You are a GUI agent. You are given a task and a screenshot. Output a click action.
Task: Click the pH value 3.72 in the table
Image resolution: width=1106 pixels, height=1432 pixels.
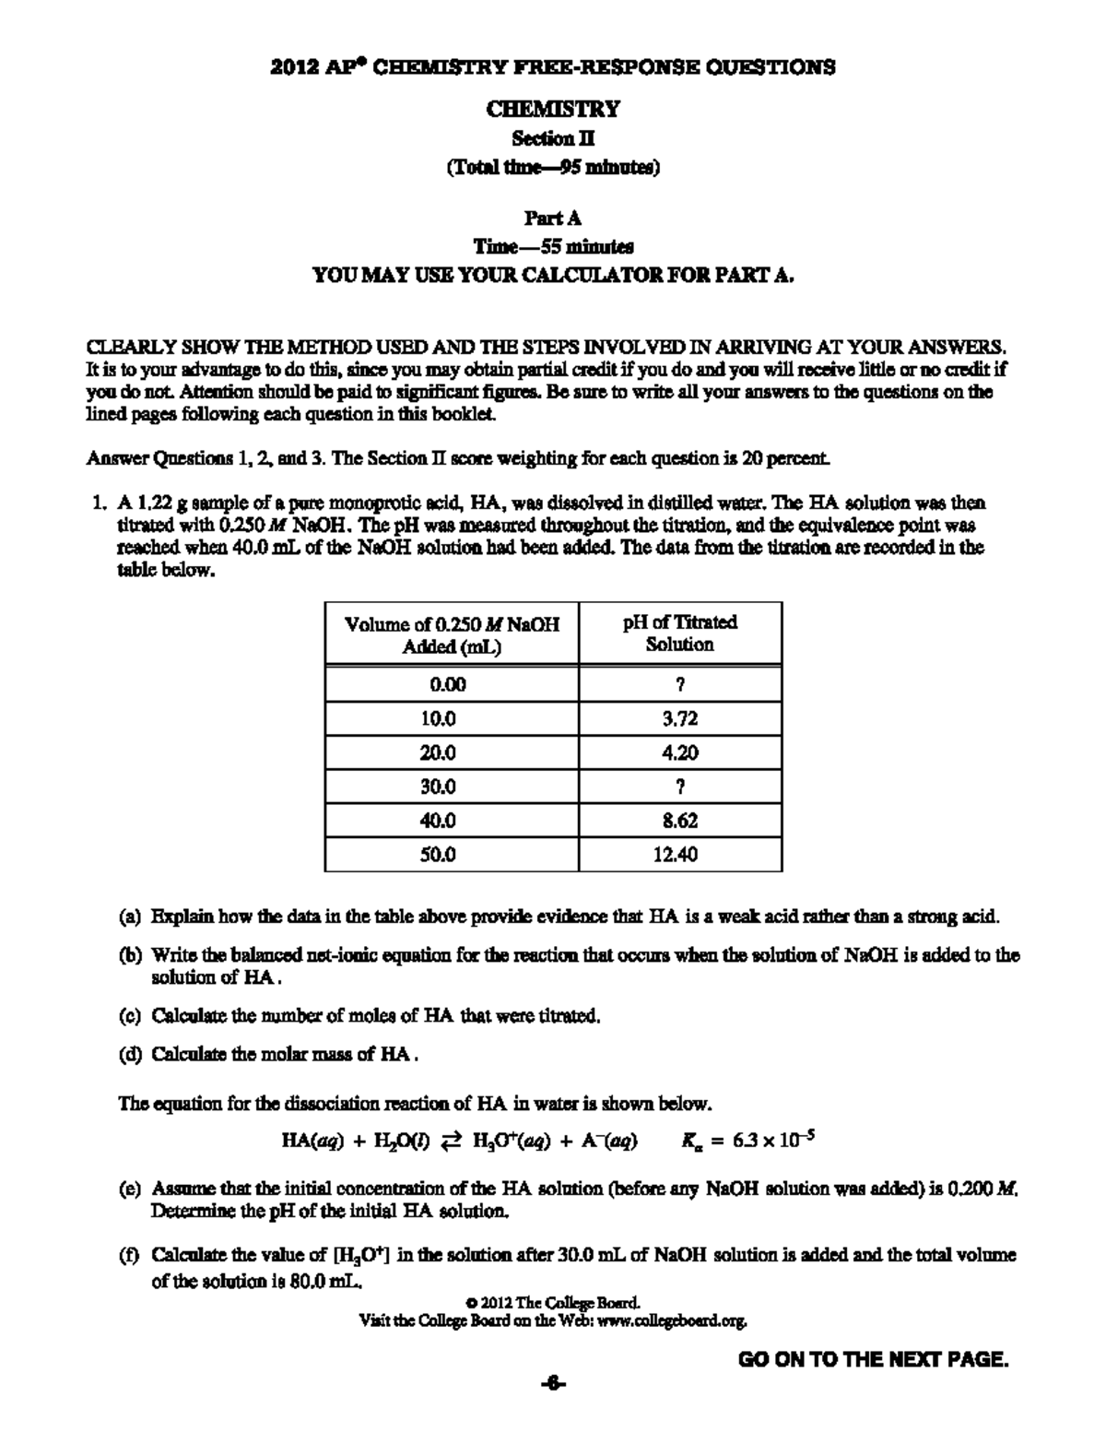pyautogui.click(x=680, y=718)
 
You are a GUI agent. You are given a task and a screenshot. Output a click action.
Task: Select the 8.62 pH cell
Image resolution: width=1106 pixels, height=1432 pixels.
pyautogui.click(x=680, y=821)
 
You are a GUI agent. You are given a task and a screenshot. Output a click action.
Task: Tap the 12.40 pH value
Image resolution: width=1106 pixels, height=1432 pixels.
pyautogui.click(x=680, y=855)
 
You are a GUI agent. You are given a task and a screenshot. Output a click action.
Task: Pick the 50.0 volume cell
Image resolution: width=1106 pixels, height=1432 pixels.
pyautogui.click(x=438, y=855)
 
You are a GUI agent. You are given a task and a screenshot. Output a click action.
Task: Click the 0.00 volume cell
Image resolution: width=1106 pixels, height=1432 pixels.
pyautogui.click(x=448, y=684)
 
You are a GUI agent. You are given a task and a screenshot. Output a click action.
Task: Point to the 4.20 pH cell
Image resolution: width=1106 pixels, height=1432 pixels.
pyautogui.click(x=680, y=752)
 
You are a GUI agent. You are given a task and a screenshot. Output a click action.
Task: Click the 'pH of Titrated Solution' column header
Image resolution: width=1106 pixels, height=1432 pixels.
pyautogui.click(x=680, y=633)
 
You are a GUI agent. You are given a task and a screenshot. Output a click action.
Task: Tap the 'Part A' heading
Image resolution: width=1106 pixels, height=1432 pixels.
pyautogui.click(x=553, y=219)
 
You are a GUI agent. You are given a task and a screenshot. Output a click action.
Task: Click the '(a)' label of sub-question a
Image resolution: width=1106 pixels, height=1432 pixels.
pyautogui.click(x=130, y=917)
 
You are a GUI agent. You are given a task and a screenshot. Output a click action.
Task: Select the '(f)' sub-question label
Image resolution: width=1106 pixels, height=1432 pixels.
pyautogui.click(x=129, y=1255)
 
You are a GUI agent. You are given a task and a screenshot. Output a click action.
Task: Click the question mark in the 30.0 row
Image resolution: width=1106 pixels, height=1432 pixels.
pyautogui.click(x=680, y=787)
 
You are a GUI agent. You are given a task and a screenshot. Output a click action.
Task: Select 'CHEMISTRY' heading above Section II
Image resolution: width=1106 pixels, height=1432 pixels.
pyautogui.click(x=553, y=109)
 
